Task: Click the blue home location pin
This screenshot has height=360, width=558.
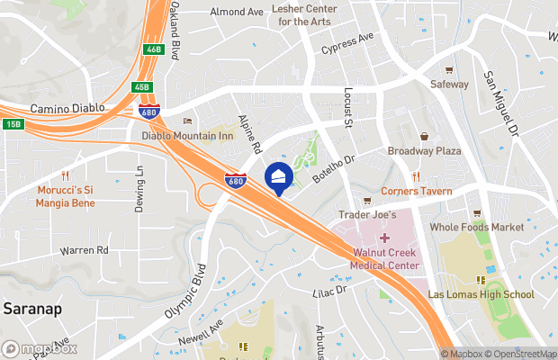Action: point(278,176)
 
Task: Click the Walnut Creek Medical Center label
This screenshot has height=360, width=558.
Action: point(385,260)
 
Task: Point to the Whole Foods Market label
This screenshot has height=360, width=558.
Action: point(477,228)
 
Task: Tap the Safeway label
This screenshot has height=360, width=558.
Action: point(449,84)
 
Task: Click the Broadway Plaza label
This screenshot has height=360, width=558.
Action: point(424,151)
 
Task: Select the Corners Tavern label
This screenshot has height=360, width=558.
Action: point(416,191)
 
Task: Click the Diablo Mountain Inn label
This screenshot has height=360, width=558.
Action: point(187,136)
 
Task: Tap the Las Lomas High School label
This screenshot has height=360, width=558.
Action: point(481,294)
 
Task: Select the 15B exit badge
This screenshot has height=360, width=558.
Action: point(12,124)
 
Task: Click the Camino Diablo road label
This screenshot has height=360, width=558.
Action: point(67,108)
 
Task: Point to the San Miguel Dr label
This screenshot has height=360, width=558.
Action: point(502,104)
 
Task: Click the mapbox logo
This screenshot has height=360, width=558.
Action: point(40,348)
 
